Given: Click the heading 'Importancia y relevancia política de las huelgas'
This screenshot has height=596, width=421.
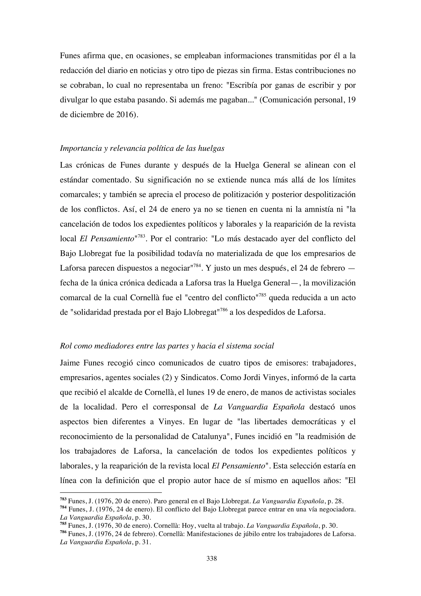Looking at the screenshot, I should point(142,148).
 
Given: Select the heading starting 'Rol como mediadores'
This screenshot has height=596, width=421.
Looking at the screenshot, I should point(167,346).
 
